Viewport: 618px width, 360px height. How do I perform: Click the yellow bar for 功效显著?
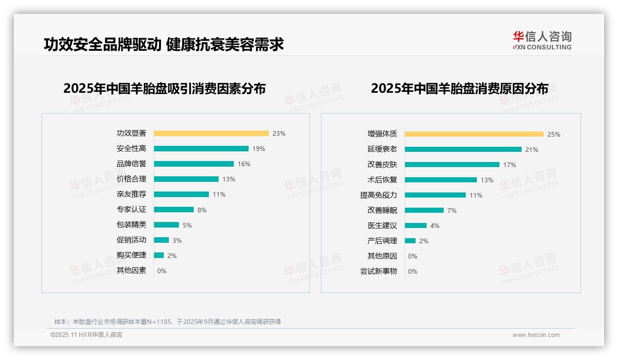tap(211, 133)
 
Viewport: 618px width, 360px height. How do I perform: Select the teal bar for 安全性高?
tap(201, 149)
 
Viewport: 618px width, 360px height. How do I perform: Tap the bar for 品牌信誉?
tap(194, 164)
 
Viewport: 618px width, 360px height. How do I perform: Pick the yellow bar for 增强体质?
tap(474, 134)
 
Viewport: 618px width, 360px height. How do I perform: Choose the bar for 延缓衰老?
tap(463, 150)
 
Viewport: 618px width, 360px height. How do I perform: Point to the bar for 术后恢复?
tap(440, 180)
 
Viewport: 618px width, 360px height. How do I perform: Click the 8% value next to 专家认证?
tap(202, 210)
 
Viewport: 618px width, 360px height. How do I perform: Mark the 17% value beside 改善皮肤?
tap(510, 165)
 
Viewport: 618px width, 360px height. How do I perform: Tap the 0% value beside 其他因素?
tap(162, 271)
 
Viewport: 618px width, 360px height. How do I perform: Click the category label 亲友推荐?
tap(131, 194)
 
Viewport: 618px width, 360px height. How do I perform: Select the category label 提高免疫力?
tap(378, 195)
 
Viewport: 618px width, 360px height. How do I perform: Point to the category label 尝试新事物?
tap(378, 271)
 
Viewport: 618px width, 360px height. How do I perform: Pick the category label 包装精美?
tap(131, 225)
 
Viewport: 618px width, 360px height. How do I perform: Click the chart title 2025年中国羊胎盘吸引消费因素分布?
tap(165, 89)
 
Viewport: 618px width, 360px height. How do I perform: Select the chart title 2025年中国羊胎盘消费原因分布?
tap(459, 89)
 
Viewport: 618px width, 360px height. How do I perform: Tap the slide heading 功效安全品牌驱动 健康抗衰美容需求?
tap(164, 44)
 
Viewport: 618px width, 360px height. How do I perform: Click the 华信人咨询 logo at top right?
tap(542, 41)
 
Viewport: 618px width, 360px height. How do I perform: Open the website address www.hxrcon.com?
tap(536, 335)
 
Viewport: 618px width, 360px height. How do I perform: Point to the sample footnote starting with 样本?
tap(167, 322)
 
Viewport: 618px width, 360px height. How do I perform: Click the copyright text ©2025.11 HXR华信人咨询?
tap(86, 335)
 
